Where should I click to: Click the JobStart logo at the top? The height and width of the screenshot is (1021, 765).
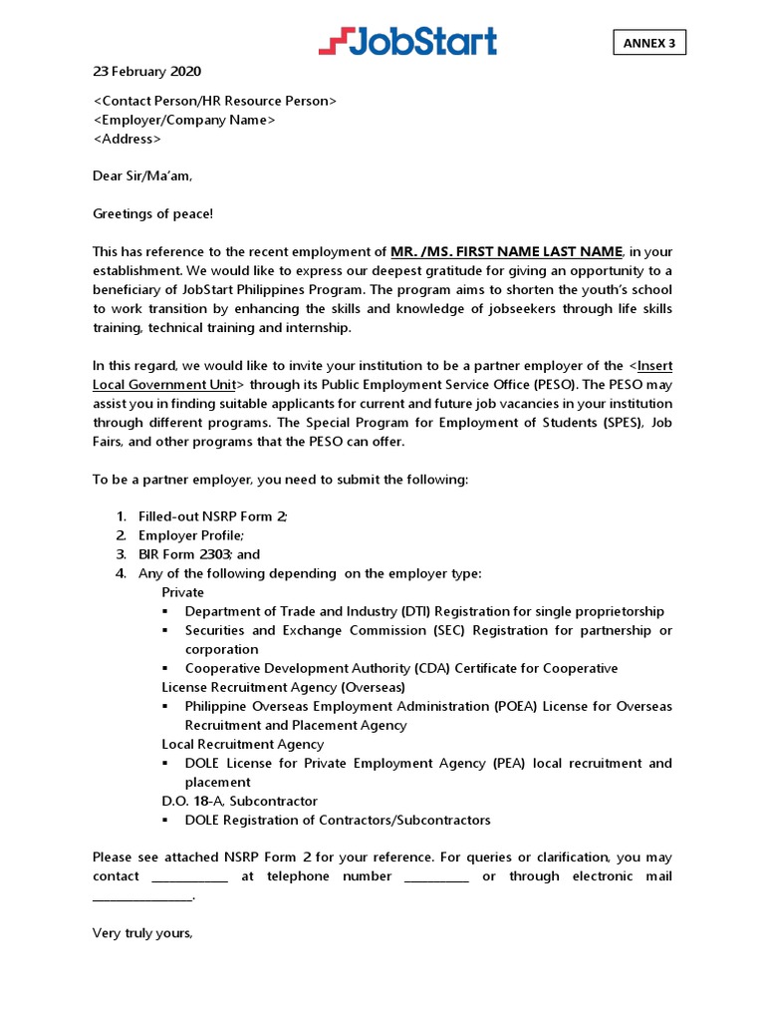[x=407, y=41]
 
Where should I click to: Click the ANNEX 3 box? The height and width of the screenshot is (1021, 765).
[x=648, y=43]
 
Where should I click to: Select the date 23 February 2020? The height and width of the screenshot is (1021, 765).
[x=146, y=72]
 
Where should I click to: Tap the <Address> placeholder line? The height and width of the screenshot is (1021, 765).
[x=127, y=139]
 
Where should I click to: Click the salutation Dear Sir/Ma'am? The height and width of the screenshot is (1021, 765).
[x=142, y=176]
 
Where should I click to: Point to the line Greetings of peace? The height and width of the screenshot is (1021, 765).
[x=152, y=213]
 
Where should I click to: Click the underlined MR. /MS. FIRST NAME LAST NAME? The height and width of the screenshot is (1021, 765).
[x=507, y=251]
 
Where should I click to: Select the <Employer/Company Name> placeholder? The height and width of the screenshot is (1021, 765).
[x=184, y=120]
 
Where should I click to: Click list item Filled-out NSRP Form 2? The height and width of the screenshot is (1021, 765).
[x=213, y=516]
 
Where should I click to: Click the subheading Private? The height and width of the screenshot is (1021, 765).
[x=183, y=592]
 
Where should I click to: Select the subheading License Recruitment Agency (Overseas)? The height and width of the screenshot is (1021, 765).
[x=284, y=687]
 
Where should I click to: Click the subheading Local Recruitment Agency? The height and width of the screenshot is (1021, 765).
[x=243, y=744]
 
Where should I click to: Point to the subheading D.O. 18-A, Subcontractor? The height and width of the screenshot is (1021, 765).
[x=240, y=801]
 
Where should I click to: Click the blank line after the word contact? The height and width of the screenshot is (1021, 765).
[x=189, y=877]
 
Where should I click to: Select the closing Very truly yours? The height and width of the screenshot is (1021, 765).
[x=142, y=933]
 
